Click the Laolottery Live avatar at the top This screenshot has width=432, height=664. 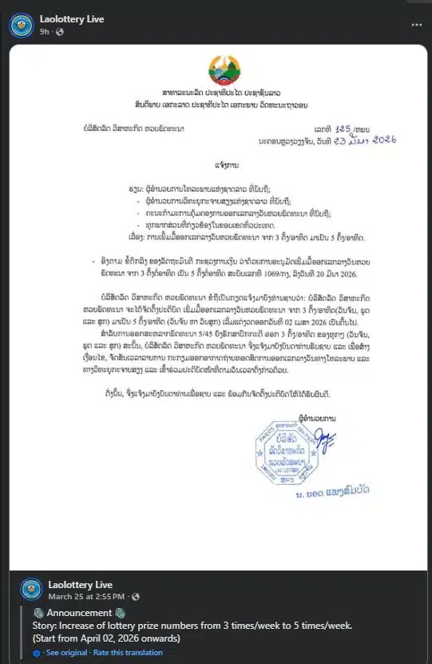21,25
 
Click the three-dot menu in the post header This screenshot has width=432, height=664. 416,25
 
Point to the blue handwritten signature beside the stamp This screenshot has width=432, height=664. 323,436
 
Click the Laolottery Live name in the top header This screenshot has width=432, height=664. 71,18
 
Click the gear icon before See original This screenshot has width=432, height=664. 38,653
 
